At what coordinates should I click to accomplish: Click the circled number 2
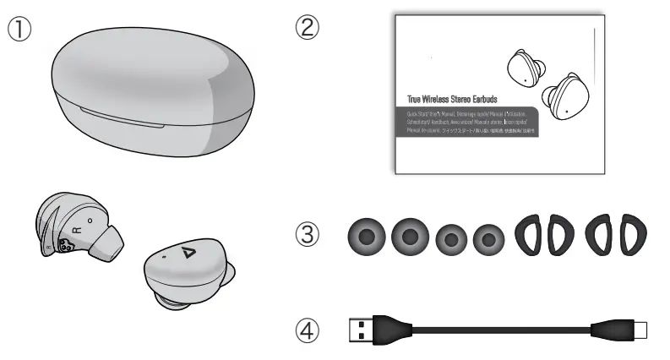[x=307, y=27]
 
